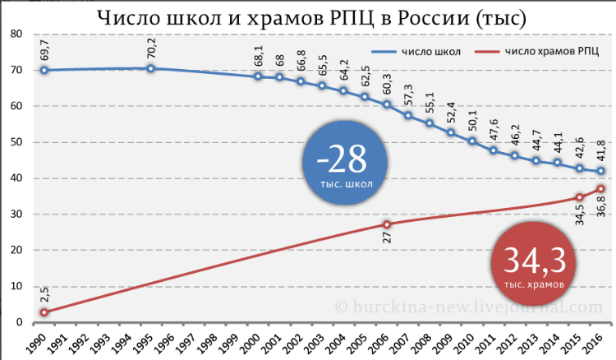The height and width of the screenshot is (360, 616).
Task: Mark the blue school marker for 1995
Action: (x=151, y=68)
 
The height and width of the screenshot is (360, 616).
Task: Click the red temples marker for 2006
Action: (x=387, y=224)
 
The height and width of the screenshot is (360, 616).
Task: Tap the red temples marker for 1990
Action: (x=44, y=312)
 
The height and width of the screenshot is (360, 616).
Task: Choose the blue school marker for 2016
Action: (x=601, y=171)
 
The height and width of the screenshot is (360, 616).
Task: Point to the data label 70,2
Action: (x=151, y=51)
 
